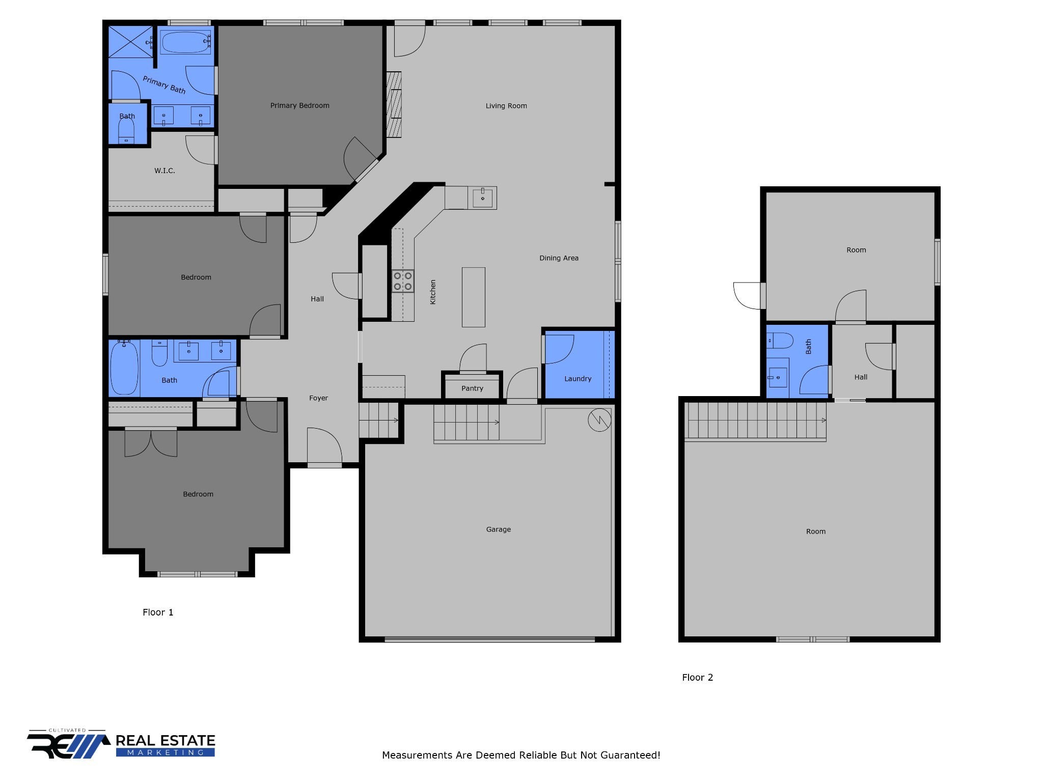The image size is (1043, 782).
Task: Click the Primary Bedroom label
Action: (299, 105)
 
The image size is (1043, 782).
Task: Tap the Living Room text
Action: (506, 106)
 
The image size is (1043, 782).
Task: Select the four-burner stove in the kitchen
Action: (402, 282)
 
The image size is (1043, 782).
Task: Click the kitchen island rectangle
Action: (474, 297)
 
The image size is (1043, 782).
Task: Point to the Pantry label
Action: (472, 388)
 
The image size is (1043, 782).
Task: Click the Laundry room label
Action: (578, 379)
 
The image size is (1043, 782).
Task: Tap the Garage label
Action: (498, 529)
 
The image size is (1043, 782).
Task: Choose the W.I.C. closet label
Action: (164, 171)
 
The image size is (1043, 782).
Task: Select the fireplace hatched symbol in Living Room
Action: (394, 104)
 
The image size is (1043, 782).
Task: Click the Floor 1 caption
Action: (158, 612)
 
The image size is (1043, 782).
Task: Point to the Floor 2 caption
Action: (697, 678)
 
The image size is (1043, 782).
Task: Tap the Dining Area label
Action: (559, 258)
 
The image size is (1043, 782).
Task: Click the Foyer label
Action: (318, 398)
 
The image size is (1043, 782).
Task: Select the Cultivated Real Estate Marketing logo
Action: (121, 744)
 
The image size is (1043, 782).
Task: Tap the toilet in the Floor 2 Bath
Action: (780, 341)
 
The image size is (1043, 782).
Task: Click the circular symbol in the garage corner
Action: (599, 420)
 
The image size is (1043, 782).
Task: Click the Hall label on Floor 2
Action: (861, 377)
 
